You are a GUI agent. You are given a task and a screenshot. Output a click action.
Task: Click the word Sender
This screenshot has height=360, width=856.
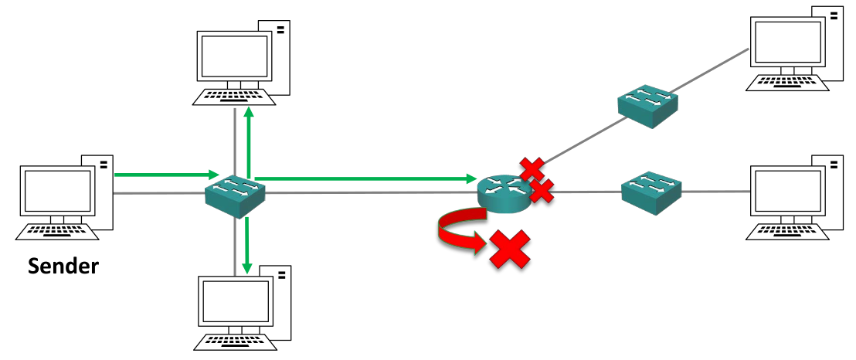point(63,267)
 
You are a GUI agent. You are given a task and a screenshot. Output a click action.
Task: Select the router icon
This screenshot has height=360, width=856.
point(503,192)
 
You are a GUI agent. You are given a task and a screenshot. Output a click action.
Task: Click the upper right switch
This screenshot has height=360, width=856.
point(647,106)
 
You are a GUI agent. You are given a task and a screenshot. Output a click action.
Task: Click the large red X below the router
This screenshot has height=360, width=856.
point(511,249)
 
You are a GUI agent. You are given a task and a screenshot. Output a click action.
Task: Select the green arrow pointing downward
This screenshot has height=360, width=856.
point(246,246)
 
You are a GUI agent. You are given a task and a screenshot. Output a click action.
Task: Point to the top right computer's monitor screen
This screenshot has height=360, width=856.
point(787,42)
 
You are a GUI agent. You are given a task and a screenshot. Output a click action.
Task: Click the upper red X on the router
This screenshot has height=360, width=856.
point(532,168)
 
